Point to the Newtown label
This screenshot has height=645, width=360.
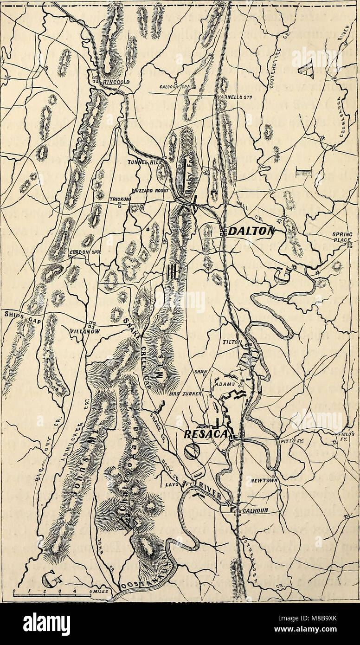264,481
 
